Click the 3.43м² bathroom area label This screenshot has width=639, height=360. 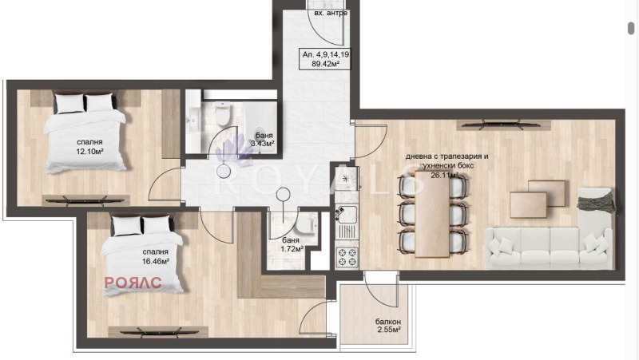264,144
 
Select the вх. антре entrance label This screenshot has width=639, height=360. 330,14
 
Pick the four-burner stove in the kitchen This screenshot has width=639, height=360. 347,256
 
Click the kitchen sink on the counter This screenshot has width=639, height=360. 348,215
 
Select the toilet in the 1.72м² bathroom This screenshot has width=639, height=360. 311,226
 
